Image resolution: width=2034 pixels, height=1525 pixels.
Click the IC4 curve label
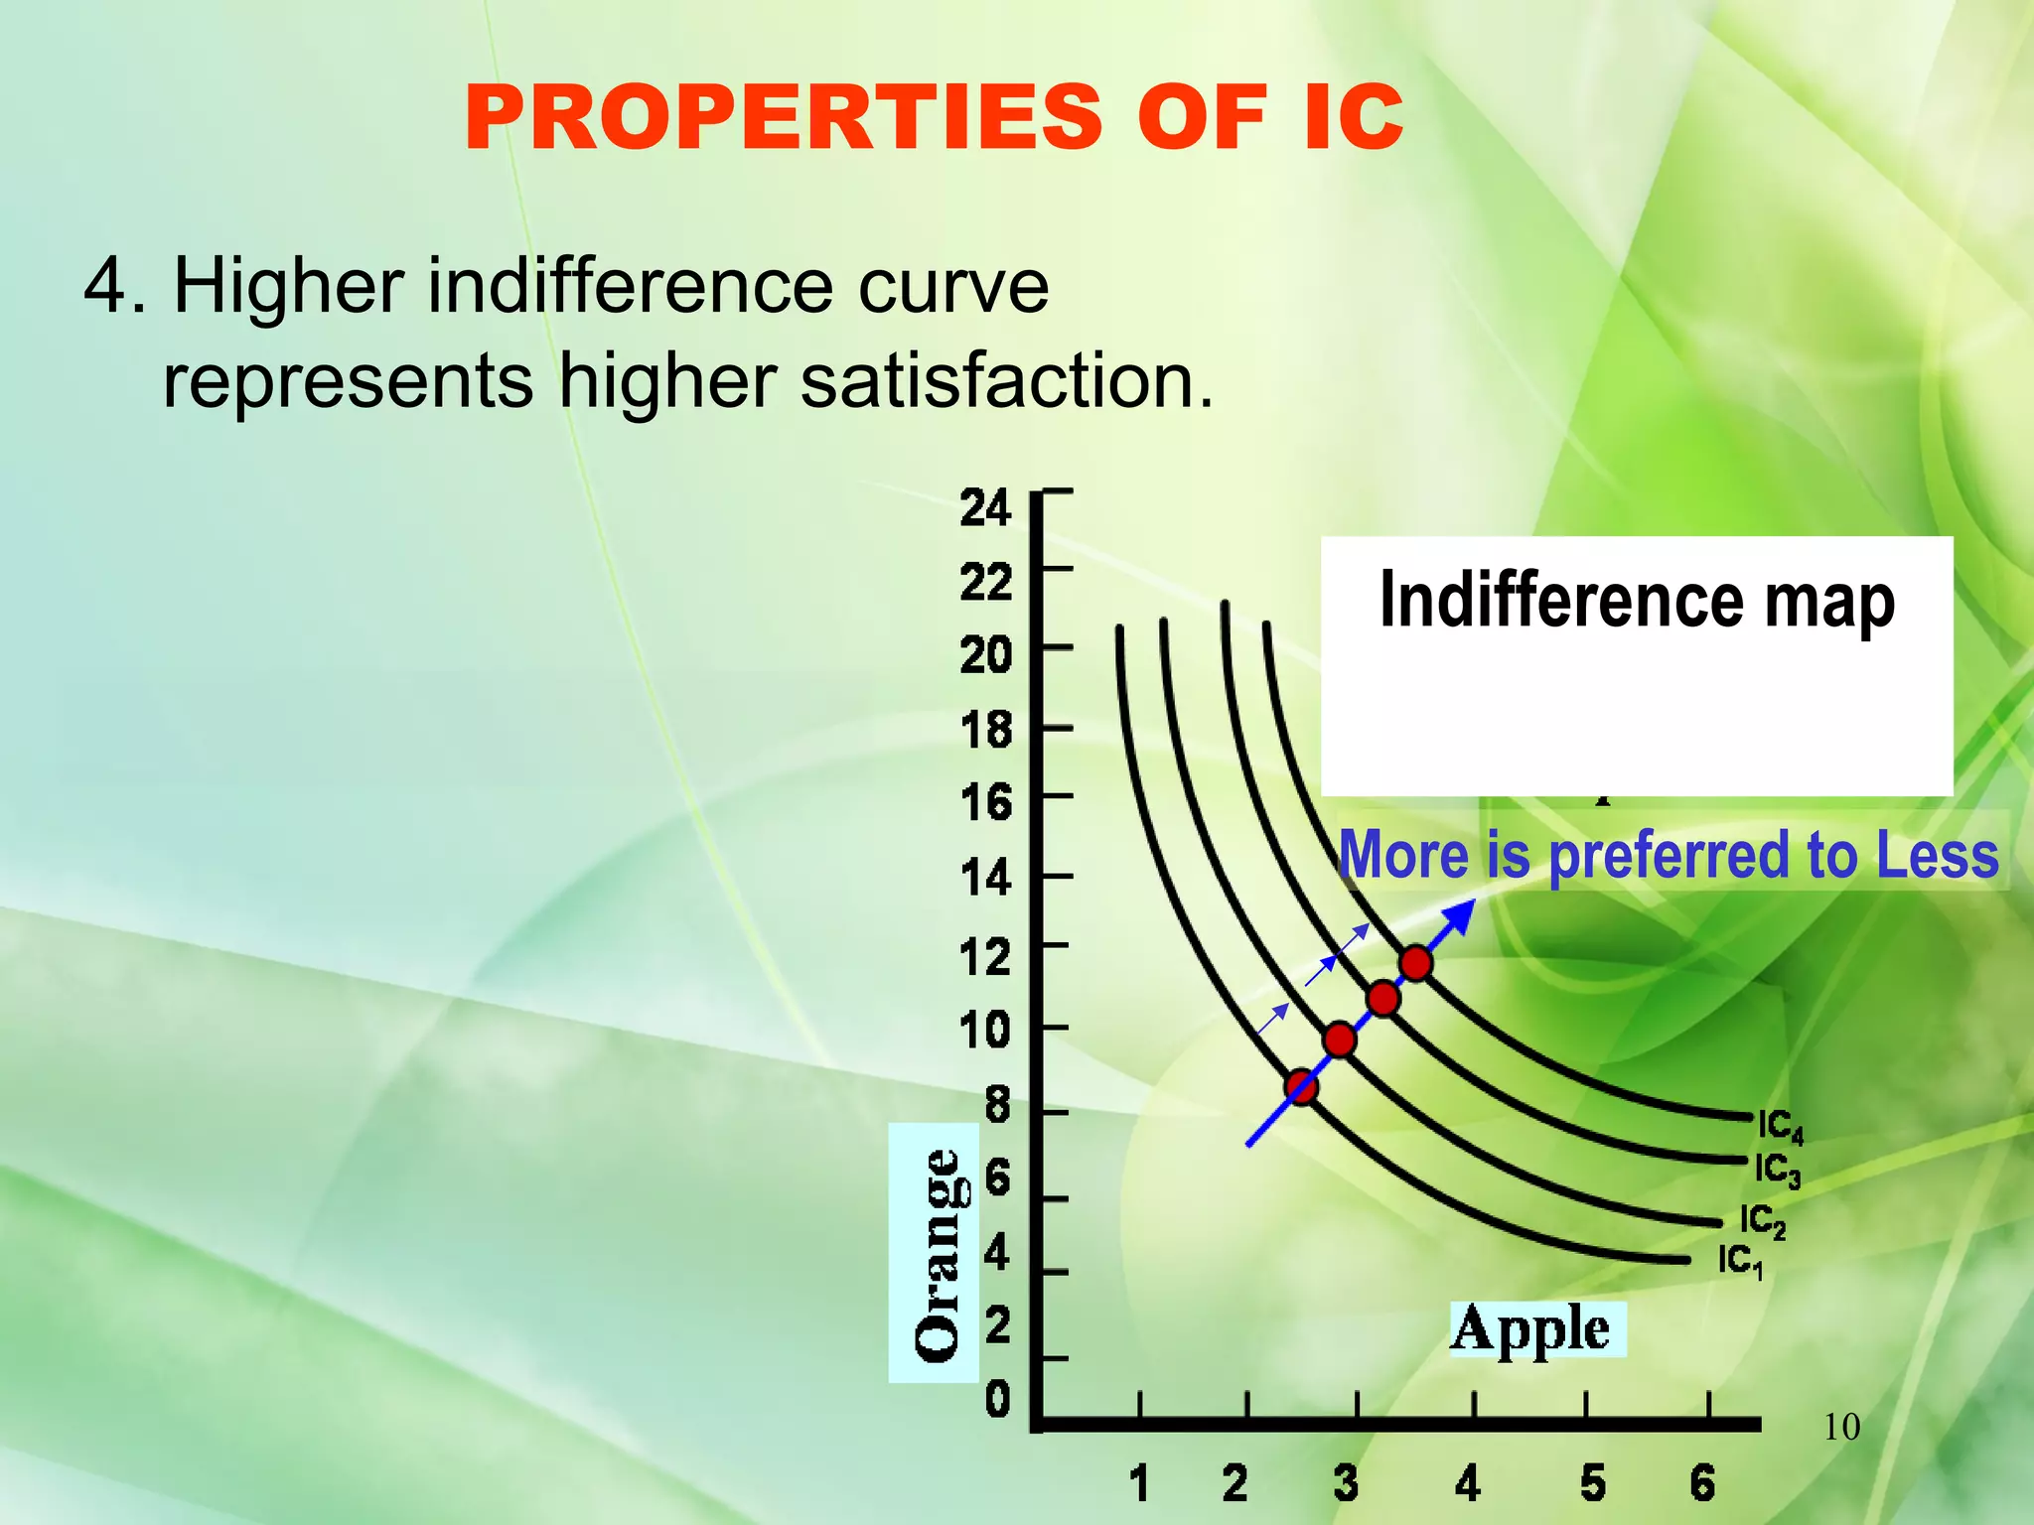click(x=1780, y=1127)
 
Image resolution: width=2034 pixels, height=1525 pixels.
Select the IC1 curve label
click(x=1740, y=1262)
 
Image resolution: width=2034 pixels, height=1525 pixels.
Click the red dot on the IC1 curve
click(x=1301, y=1087)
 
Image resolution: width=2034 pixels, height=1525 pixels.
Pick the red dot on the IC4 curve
click(x=1415, y=962)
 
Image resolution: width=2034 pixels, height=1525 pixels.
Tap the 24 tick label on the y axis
click(x=985, y=508)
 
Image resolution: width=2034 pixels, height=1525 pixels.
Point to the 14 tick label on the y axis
click(x=985, y=879)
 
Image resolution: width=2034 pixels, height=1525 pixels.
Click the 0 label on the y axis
click(x=997, y=1400)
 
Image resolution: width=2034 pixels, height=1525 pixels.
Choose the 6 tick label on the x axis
click(x=1702, y=1483)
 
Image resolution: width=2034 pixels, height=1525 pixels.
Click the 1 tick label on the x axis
click(x=1139, y=1483)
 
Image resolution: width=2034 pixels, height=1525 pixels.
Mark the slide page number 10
click(x=1841, y=1428)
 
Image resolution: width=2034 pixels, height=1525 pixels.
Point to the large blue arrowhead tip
click(x=1473, y=902)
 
